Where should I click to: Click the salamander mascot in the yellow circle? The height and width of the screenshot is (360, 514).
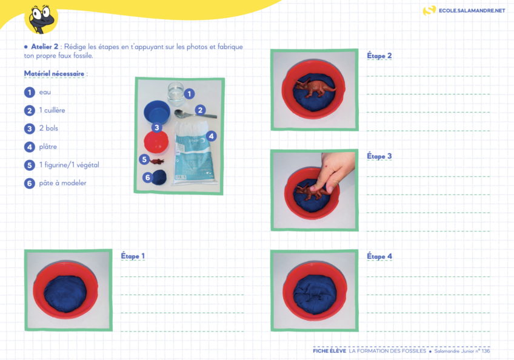(42, 19)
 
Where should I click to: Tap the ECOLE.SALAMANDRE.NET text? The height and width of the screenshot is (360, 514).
(472, 10)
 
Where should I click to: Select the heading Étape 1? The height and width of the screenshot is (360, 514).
(133, 256)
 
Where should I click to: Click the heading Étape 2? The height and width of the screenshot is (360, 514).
(379, 55)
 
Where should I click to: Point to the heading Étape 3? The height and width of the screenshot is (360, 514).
(379, 156)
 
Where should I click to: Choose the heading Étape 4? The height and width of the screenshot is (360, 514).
(379, 256)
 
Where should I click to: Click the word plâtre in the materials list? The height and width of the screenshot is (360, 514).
(48, 147)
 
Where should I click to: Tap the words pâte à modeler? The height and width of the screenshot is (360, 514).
(62, 183)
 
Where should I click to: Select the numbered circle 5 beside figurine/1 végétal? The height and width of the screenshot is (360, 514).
(30, 165)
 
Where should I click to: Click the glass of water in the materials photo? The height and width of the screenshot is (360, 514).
(176, 93)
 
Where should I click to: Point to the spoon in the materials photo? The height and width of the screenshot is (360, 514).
(195, 115)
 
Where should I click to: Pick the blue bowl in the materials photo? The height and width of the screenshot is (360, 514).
(157, 112)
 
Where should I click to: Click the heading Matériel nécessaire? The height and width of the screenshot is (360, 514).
(54, 74)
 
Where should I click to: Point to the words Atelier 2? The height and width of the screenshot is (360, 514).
(45, 47)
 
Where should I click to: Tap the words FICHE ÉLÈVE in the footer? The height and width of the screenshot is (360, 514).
(330, 351)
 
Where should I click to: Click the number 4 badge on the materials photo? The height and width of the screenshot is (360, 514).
(212, 136)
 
